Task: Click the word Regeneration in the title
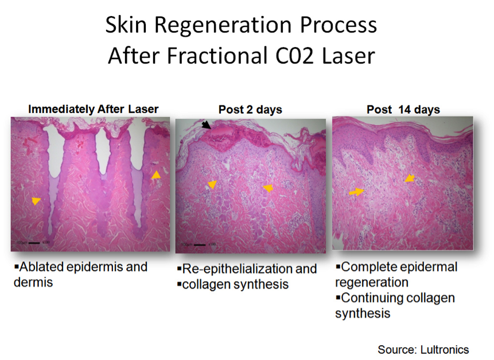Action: (223, 25)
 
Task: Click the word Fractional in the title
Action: (217, 56)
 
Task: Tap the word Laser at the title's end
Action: (348, 56)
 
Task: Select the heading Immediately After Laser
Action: (94, 109)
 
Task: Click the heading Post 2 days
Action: (250, 110)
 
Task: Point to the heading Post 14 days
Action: (403, 110)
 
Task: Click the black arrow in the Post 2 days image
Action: (206, 125)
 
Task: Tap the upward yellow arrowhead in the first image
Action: (156, 175)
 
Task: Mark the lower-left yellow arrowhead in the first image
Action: (36, 201)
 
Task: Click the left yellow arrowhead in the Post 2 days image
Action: (212, 184)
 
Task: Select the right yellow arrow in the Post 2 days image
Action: (268, 188)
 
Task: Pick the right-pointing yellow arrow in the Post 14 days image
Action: (356, 192)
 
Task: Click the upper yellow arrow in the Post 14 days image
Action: (410, 178)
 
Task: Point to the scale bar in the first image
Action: (34, 243)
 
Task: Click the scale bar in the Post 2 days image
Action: (200, 245)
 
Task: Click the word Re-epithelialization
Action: (238, 269)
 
